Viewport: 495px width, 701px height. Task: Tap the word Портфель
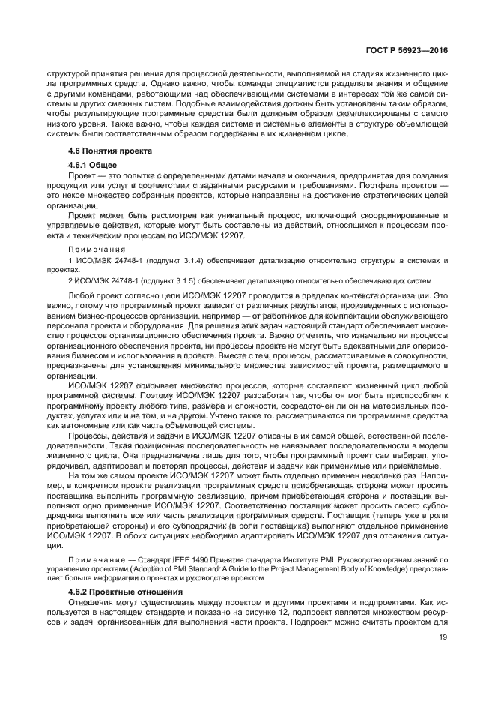379,184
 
